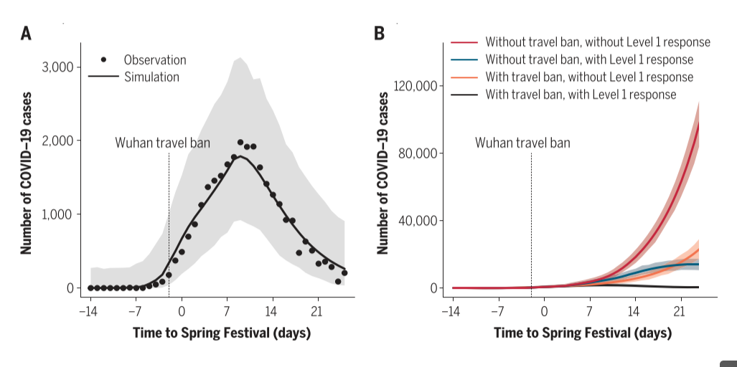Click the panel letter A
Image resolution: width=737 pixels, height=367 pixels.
pyautogui.click(x=26, y=33)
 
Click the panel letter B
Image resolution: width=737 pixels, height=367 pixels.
pyautogui.click(x=380, y=33)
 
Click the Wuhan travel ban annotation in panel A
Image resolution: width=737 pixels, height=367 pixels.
pyautogui.click(x=163, y=143)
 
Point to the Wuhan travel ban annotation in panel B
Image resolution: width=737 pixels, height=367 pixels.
pyautogui.click(x=522, y=143)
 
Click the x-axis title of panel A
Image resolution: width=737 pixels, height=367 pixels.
pyautogui.click(x=222, y=333)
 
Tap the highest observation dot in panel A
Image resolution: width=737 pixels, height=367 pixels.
pyautogui.click(x=240, y=143)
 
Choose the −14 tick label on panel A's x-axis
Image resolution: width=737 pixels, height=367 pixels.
pyautogui.click(x=88, y=311)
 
